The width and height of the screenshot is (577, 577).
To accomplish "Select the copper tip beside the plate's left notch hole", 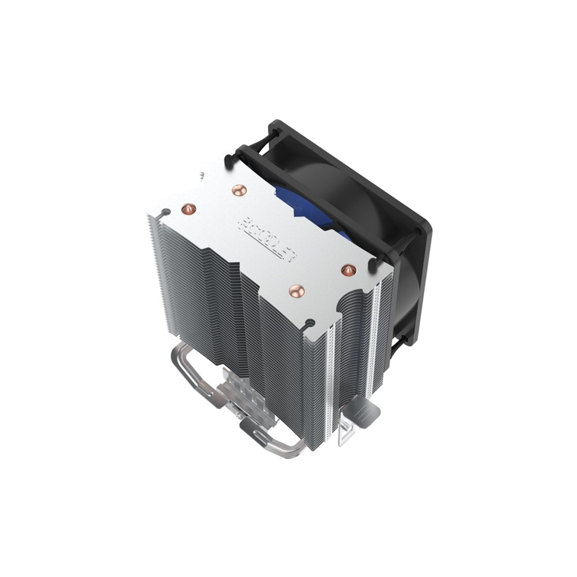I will pos(187,208).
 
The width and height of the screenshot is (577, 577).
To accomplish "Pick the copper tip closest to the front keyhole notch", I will pos(296,291).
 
